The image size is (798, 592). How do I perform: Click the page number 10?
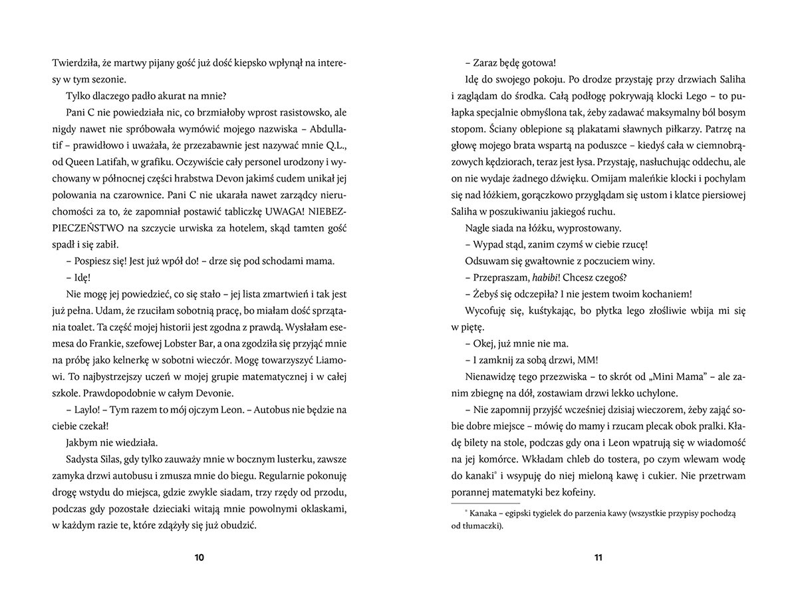point(199,557)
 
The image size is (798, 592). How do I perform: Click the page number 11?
point(598,557)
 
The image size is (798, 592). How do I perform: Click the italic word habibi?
point(539,277)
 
